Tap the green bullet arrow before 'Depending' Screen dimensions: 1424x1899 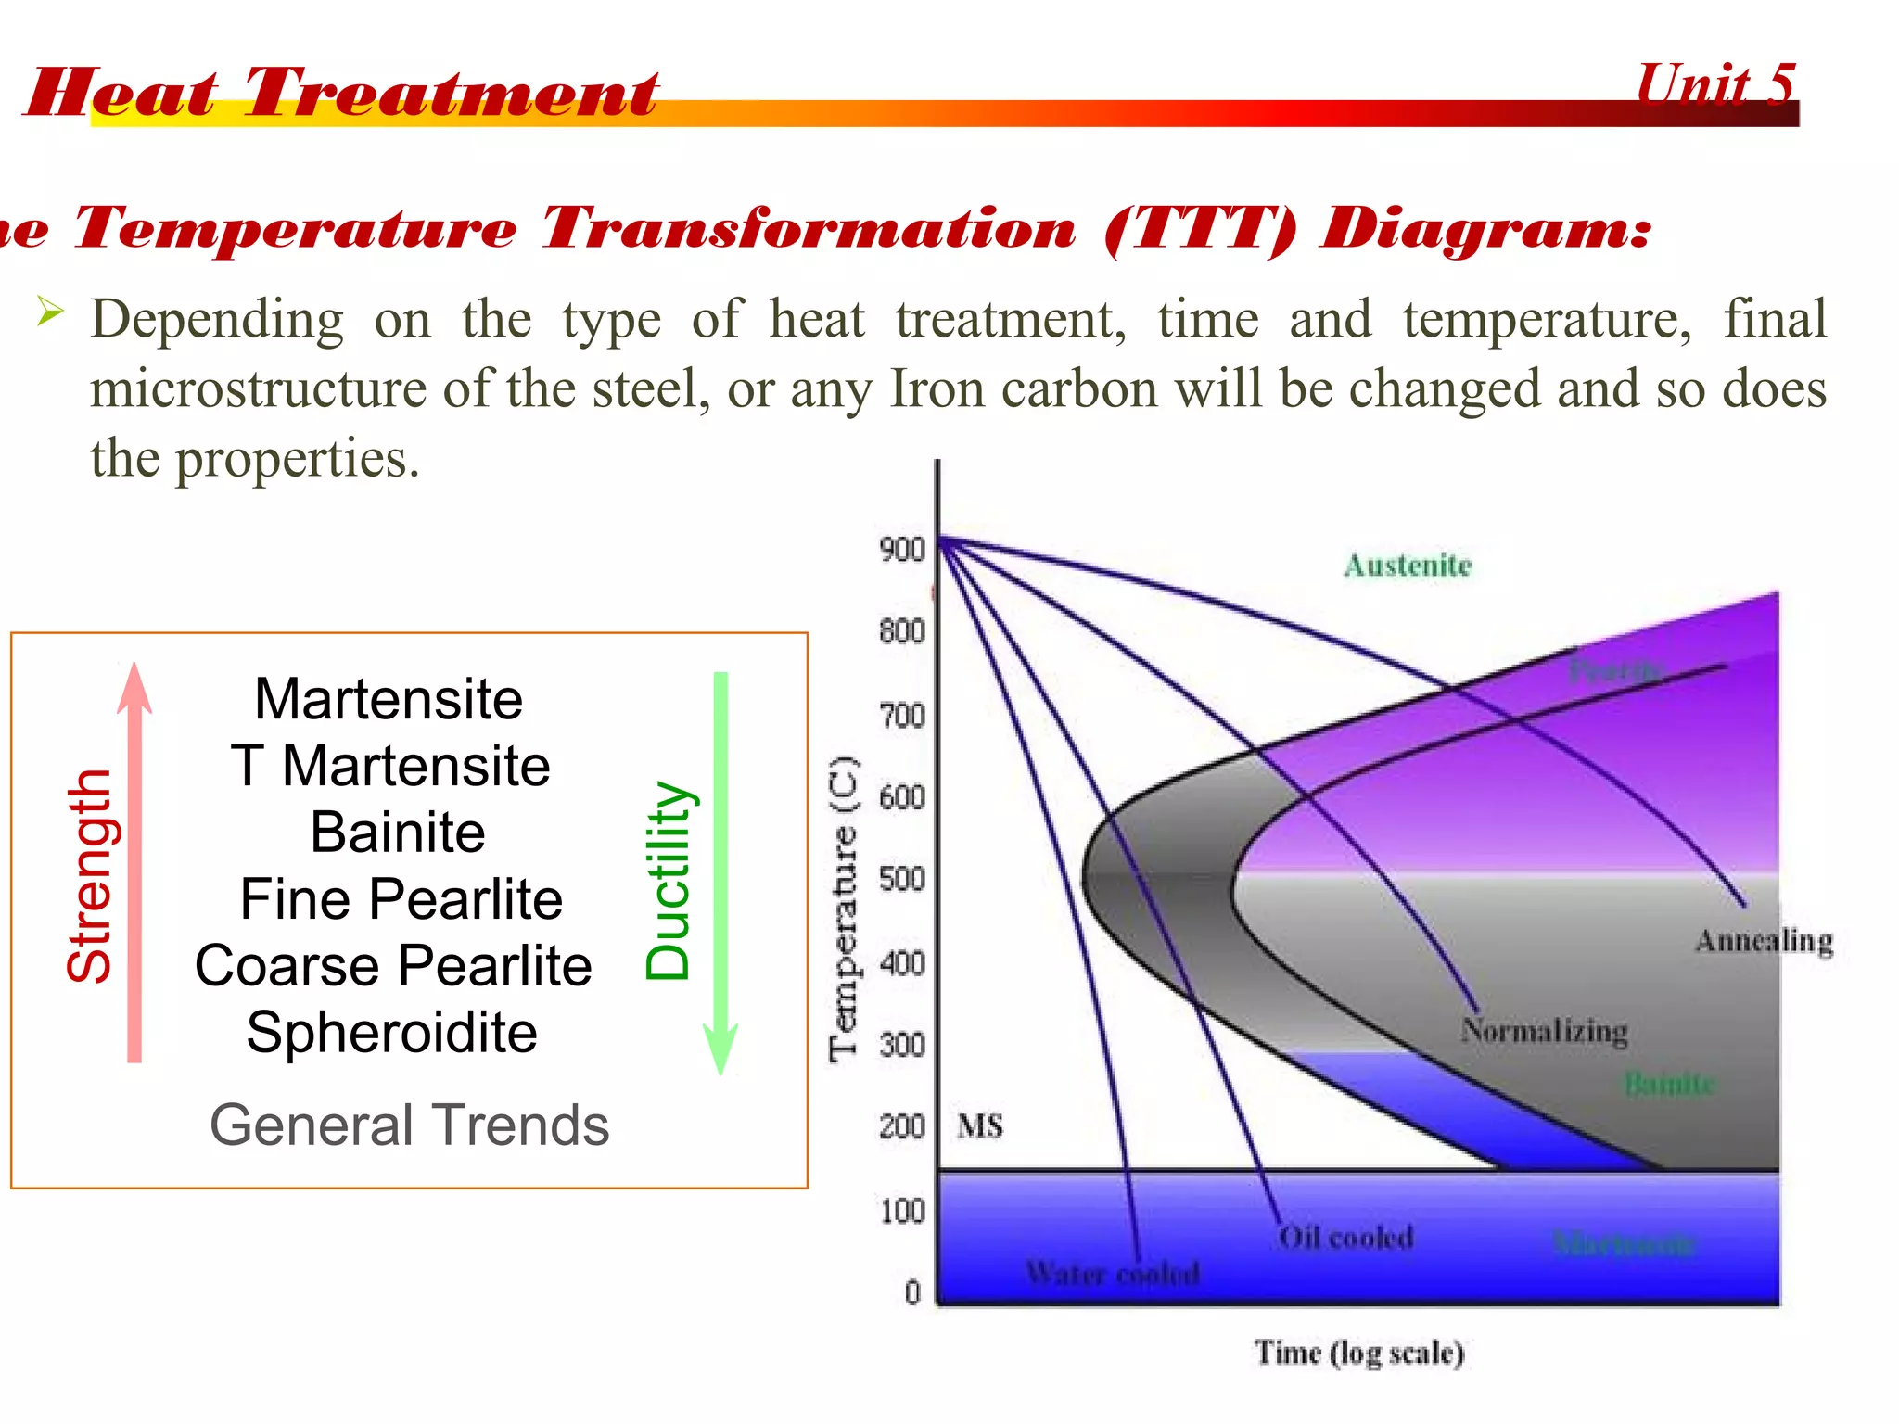(50, 311)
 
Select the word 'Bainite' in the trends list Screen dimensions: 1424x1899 (397, 832)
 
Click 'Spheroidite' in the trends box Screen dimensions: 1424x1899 (391, 1032)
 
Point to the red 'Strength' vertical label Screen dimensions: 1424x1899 (90, 876)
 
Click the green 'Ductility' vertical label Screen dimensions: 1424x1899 (669, 881)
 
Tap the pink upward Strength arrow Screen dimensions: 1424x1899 (135, 862)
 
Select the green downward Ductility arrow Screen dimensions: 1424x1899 (720, 871)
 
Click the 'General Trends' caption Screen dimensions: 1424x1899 (409, 1125)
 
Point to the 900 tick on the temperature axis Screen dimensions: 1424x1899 (902, 550)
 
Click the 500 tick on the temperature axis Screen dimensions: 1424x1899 (902, 878)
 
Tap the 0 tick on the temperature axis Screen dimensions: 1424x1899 (912, 1291)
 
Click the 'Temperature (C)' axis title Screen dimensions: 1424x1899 (844, 909)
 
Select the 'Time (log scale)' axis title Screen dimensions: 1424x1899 (1359, 1353)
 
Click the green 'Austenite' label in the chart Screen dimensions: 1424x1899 (1408, 566)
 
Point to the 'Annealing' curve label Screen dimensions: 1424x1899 (1764, 941)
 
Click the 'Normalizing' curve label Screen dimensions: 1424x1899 (1544, 1030)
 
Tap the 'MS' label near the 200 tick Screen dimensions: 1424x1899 (980, 1126)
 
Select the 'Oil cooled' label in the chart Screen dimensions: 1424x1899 (1345, 1237)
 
